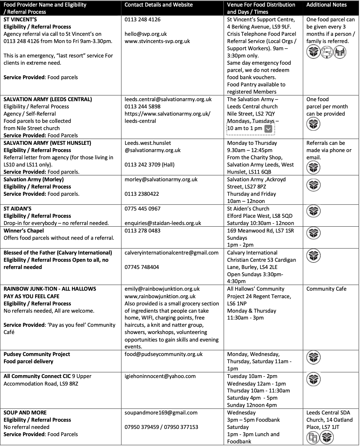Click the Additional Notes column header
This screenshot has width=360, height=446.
[x=326, y=5]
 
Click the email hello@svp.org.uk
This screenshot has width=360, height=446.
[x=146, y=34]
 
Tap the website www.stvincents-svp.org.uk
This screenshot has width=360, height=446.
[x=157, y=41]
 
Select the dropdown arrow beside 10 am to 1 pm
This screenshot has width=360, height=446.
[x=268, y=129]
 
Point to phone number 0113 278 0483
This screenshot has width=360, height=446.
[x=143, y=231]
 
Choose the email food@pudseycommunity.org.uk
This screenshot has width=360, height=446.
[x=164, y=354]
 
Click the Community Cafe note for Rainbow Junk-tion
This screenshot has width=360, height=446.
[x=326, y=289]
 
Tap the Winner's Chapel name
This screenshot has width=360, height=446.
[x=24, y=231]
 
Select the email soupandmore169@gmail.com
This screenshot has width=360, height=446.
[x=161, y=413]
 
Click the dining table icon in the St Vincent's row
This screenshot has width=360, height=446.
[x=340, y=52]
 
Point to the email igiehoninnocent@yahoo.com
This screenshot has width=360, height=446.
[x=160, y=376]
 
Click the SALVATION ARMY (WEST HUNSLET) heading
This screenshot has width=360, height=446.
[x=47, y=143]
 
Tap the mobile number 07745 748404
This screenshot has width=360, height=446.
[x=142, y=267]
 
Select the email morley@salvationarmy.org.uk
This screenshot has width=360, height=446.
[x=161, y=179]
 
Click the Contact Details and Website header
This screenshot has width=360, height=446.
[x=159, y=5]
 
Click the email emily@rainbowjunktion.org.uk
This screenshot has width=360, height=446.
[x=162, y=289]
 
